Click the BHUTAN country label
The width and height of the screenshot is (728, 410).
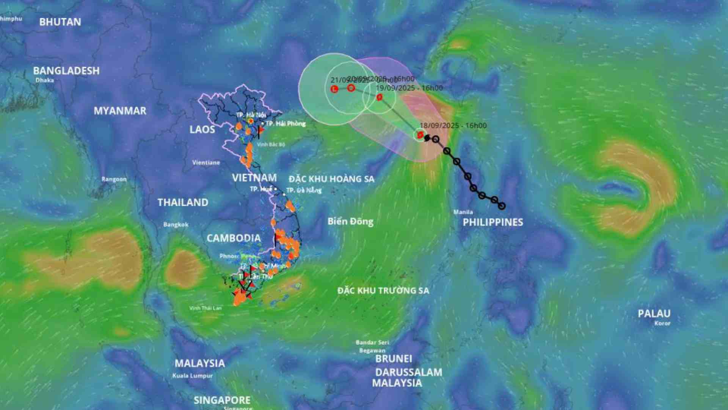click(x=60, y=22)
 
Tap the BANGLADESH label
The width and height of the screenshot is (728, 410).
click(x=66, y=71)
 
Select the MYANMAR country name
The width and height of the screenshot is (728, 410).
click(x=120, y=111)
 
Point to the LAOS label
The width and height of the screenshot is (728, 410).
click(x=202, y=129)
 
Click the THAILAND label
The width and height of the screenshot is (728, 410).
click(x=183, y=202)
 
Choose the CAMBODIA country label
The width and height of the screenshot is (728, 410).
click(x=234, y=238)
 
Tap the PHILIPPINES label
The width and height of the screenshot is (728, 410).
click(x=493, y=222)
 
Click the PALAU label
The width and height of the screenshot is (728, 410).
click(x=654, y=314)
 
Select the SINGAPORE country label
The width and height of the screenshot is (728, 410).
click(x=222, y=400)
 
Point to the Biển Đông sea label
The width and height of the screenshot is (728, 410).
click(x=350, y=221)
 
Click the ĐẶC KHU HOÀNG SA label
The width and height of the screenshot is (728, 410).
click(x=331, y=179)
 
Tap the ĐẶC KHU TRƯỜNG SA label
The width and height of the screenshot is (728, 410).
click(x=383, y=291)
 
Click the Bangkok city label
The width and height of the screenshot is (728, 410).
click(x=176, y=224)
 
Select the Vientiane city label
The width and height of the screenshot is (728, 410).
click(x=206, y=162)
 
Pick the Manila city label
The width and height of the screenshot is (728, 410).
click(x=463, y=212)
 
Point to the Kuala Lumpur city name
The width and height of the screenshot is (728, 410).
click(x=193, y=376)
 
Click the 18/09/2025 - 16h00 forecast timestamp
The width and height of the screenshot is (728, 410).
click(x=453, y=126)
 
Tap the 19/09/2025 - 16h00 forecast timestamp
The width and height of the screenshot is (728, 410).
click(x=409, y=88)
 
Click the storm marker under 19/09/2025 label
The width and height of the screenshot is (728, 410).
click(x=379, y=97)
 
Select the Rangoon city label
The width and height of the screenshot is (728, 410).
click(x=114, y=179)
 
